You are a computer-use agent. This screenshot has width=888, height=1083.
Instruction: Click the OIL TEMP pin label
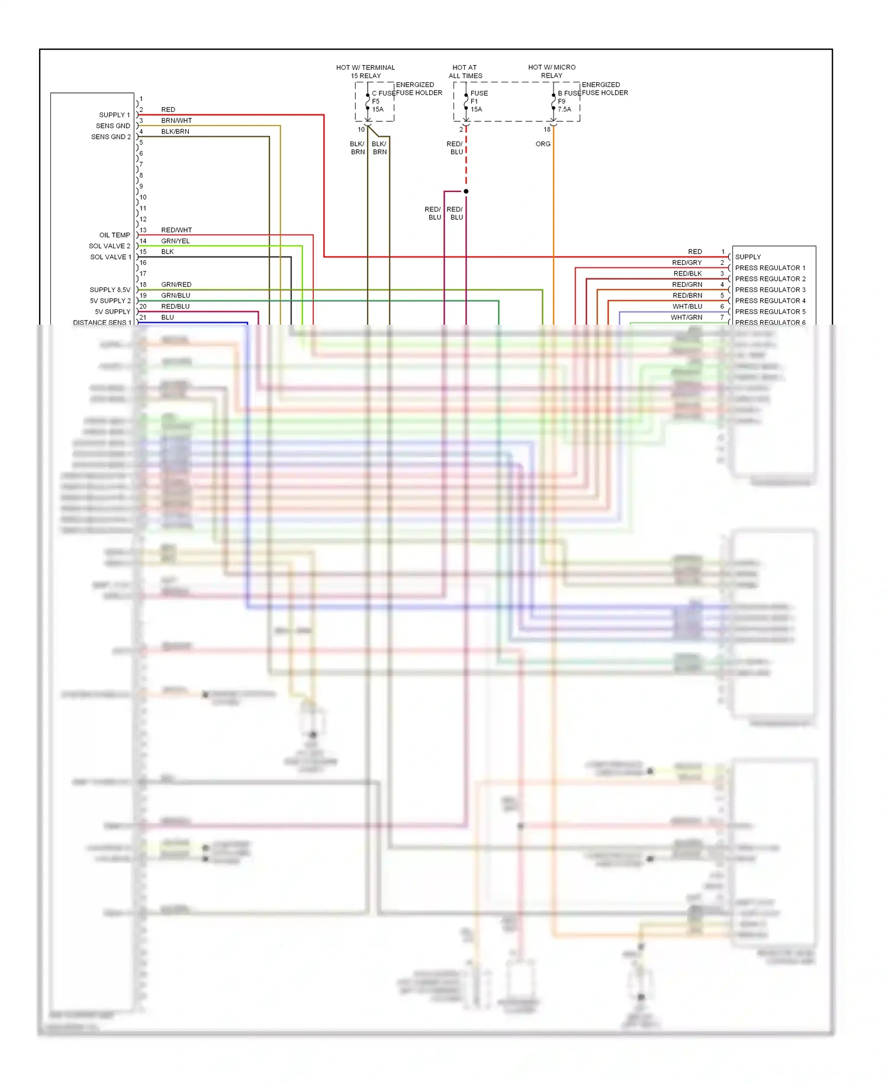(x=114, y=235)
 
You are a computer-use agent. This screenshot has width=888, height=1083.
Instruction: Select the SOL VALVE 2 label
(x=110, y=246)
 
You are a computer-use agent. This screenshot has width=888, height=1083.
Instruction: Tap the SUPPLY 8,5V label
(x=110, y=290)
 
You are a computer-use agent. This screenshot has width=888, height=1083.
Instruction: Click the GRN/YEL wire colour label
(x=175, y=241)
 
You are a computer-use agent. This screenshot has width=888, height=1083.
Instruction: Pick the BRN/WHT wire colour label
(x=176, y=121)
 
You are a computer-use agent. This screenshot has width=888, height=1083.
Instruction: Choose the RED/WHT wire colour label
(x=176, y=230)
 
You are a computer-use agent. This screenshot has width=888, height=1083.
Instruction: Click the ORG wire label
(x=543, y=144)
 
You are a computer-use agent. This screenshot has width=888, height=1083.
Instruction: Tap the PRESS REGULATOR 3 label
(x=770, y=290)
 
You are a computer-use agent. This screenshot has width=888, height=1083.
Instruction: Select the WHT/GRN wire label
(x=686, y=318)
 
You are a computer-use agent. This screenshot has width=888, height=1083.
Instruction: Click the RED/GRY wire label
(x=687, y=262)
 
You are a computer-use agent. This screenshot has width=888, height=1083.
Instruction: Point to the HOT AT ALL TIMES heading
(x=465, y=72)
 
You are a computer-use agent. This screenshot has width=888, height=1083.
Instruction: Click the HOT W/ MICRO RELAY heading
(x=552, y=72)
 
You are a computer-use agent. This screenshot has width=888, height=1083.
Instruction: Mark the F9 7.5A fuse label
(x=564, y=105)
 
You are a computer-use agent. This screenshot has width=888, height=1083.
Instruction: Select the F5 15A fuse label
(x=378, y=105)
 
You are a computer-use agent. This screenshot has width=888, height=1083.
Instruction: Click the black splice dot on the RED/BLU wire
(x=466, y=191)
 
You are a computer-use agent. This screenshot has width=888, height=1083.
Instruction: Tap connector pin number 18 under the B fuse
(x=547, y=130)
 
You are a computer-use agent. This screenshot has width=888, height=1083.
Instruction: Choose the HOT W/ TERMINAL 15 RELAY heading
(x=365, y=72)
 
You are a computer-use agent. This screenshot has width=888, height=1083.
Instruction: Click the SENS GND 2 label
(x=111, y=137)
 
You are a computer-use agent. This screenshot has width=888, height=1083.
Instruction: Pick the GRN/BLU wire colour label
(x=176, y=296)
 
